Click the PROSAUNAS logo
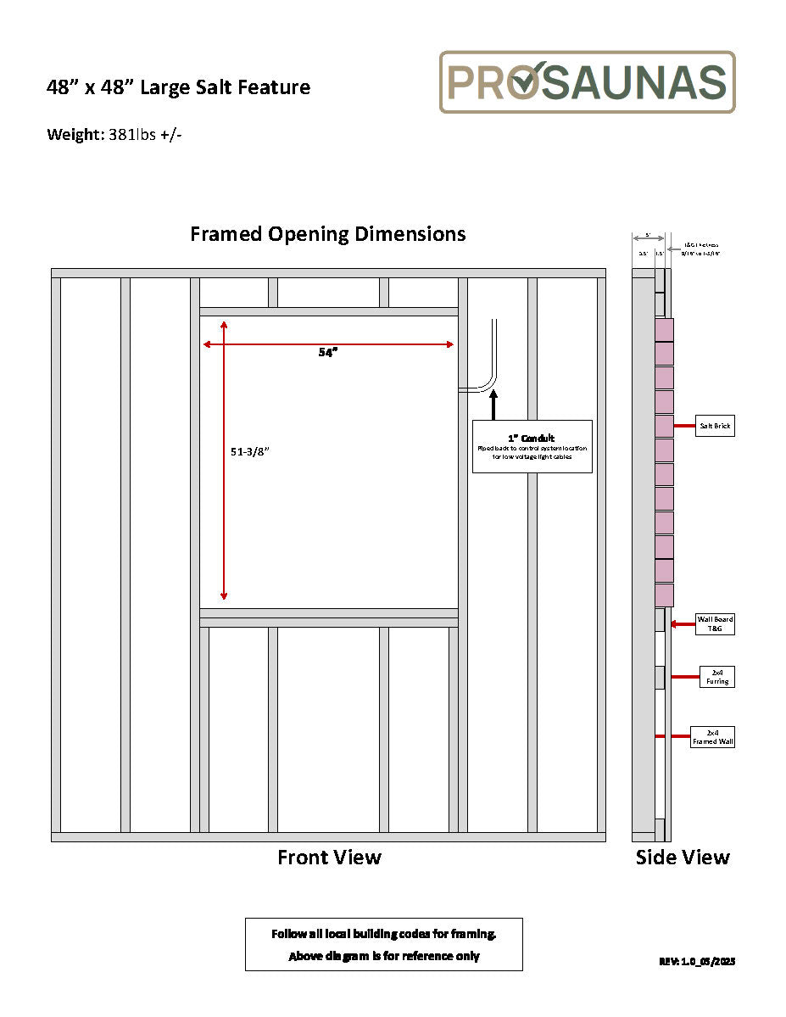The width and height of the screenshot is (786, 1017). point(587,82)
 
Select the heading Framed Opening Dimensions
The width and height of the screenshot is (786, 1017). point(327,233)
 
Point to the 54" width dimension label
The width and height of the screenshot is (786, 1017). point(328,353)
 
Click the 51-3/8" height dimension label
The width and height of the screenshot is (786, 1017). point(250,451)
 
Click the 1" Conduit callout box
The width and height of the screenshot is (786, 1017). point(532,446)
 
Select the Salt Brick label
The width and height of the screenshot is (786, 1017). point(715,426)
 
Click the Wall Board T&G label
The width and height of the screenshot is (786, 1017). point(715,624)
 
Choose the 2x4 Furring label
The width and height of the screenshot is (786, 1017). point(716,677)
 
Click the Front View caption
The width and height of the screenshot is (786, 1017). point(329,858)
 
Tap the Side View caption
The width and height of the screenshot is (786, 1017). point(683,858)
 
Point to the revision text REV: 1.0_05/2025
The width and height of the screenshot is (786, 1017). point(697,961)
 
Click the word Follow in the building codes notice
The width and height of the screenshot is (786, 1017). point(287,934)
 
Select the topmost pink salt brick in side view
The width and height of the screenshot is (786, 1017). point(664,329)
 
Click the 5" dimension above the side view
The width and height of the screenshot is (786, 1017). point(648,235)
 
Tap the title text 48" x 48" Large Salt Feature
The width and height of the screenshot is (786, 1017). point(178,87)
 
